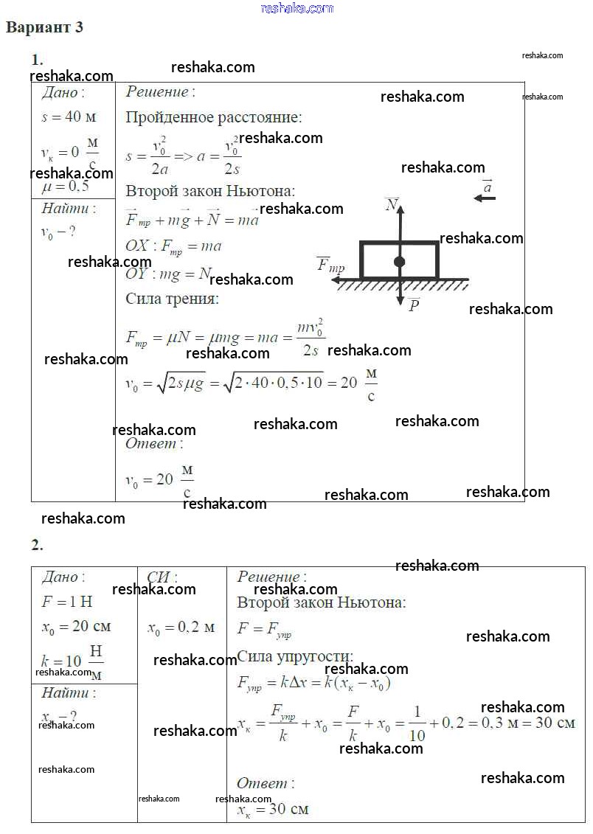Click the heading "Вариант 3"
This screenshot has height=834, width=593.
[45, 28]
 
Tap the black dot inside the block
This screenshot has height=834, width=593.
[399, 262]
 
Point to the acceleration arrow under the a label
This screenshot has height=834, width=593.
[485, 198]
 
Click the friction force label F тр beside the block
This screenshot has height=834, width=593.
[330, 265]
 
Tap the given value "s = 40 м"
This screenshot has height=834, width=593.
[69, 117]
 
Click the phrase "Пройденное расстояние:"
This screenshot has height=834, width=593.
[213, 117]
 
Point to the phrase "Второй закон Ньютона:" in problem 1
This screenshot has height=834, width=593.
[210, 191]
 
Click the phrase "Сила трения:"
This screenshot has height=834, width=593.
[172, 299]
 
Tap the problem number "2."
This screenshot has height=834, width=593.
[37, 546]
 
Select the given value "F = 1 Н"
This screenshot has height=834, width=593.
[66, 602]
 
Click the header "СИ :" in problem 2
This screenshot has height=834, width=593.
[162, 578]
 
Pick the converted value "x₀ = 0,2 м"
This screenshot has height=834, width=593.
[181, 628]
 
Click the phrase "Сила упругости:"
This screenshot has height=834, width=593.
[295, 656]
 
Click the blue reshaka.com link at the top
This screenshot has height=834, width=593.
[297, 8]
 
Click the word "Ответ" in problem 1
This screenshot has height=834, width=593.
[150, 444]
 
